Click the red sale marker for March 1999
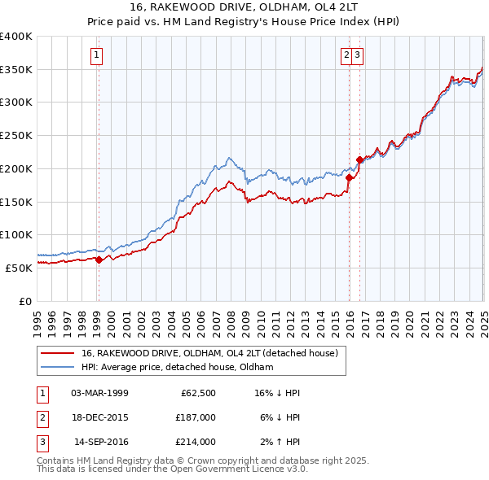coord(99,260)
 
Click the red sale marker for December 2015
coord(349,177)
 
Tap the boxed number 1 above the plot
coord(96,55)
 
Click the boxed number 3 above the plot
coord(358,55)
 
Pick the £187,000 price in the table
coord(196,417)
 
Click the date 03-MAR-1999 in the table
coord(99,393)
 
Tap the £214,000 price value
coord(196,442)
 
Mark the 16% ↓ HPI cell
coord(276,393)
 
